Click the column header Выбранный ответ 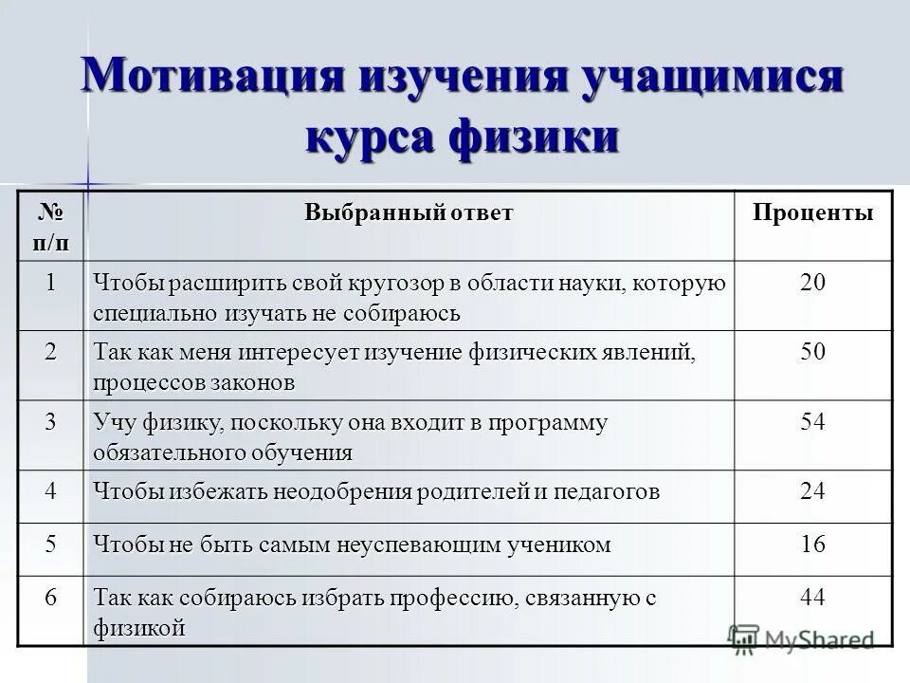coord(409,212)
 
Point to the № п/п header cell coord(51,226)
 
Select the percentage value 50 coord(812,352)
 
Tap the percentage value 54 coord(812,421)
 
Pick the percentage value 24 coord(812,490)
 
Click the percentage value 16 coord(812,545)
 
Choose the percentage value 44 coord(812,598)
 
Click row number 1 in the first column coord(51,282)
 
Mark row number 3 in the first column coord(51,421)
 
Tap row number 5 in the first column coord(51,545)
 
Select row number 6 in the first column coord(51,598)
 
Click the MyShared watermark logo coord(801,638)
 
